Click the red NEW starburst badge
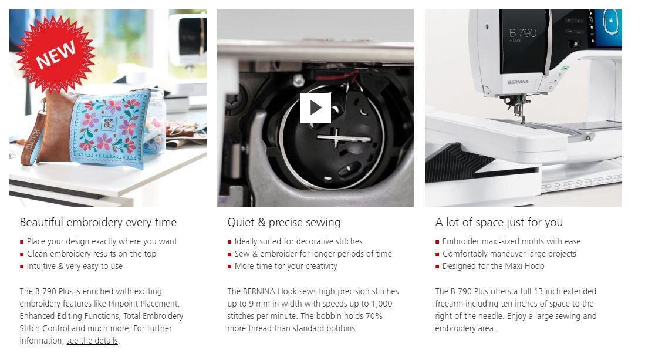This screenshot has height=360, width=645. (56, 54)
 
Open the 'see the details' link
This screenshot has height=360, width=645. (92, 341)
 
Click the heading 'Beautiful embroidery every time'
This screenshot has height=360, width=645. (98, 222)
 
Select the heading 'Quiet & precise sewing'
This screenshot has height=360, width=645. (284, 222)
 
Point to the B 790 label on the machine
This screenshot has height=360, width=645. (522, 33)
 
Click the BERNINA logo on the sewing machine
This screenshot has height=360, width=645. (518, 82)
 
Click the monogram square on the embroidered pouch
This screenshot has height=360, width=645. (109, 123)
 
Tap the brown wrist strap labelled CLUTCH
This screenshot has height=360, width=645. (33, 140)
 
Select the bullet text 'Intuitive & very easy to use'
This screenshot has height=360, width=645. (75, 266)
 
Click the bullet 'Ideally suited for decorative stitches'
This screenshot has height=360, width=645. (298, 241)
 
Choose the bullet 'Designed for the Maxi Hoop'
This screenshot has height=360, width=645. (493, 266)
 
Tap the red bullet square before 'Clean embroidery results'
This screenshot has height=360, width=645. (22, 254)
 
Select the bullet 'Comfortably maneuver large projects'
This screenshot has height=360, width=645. (509, 254)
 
